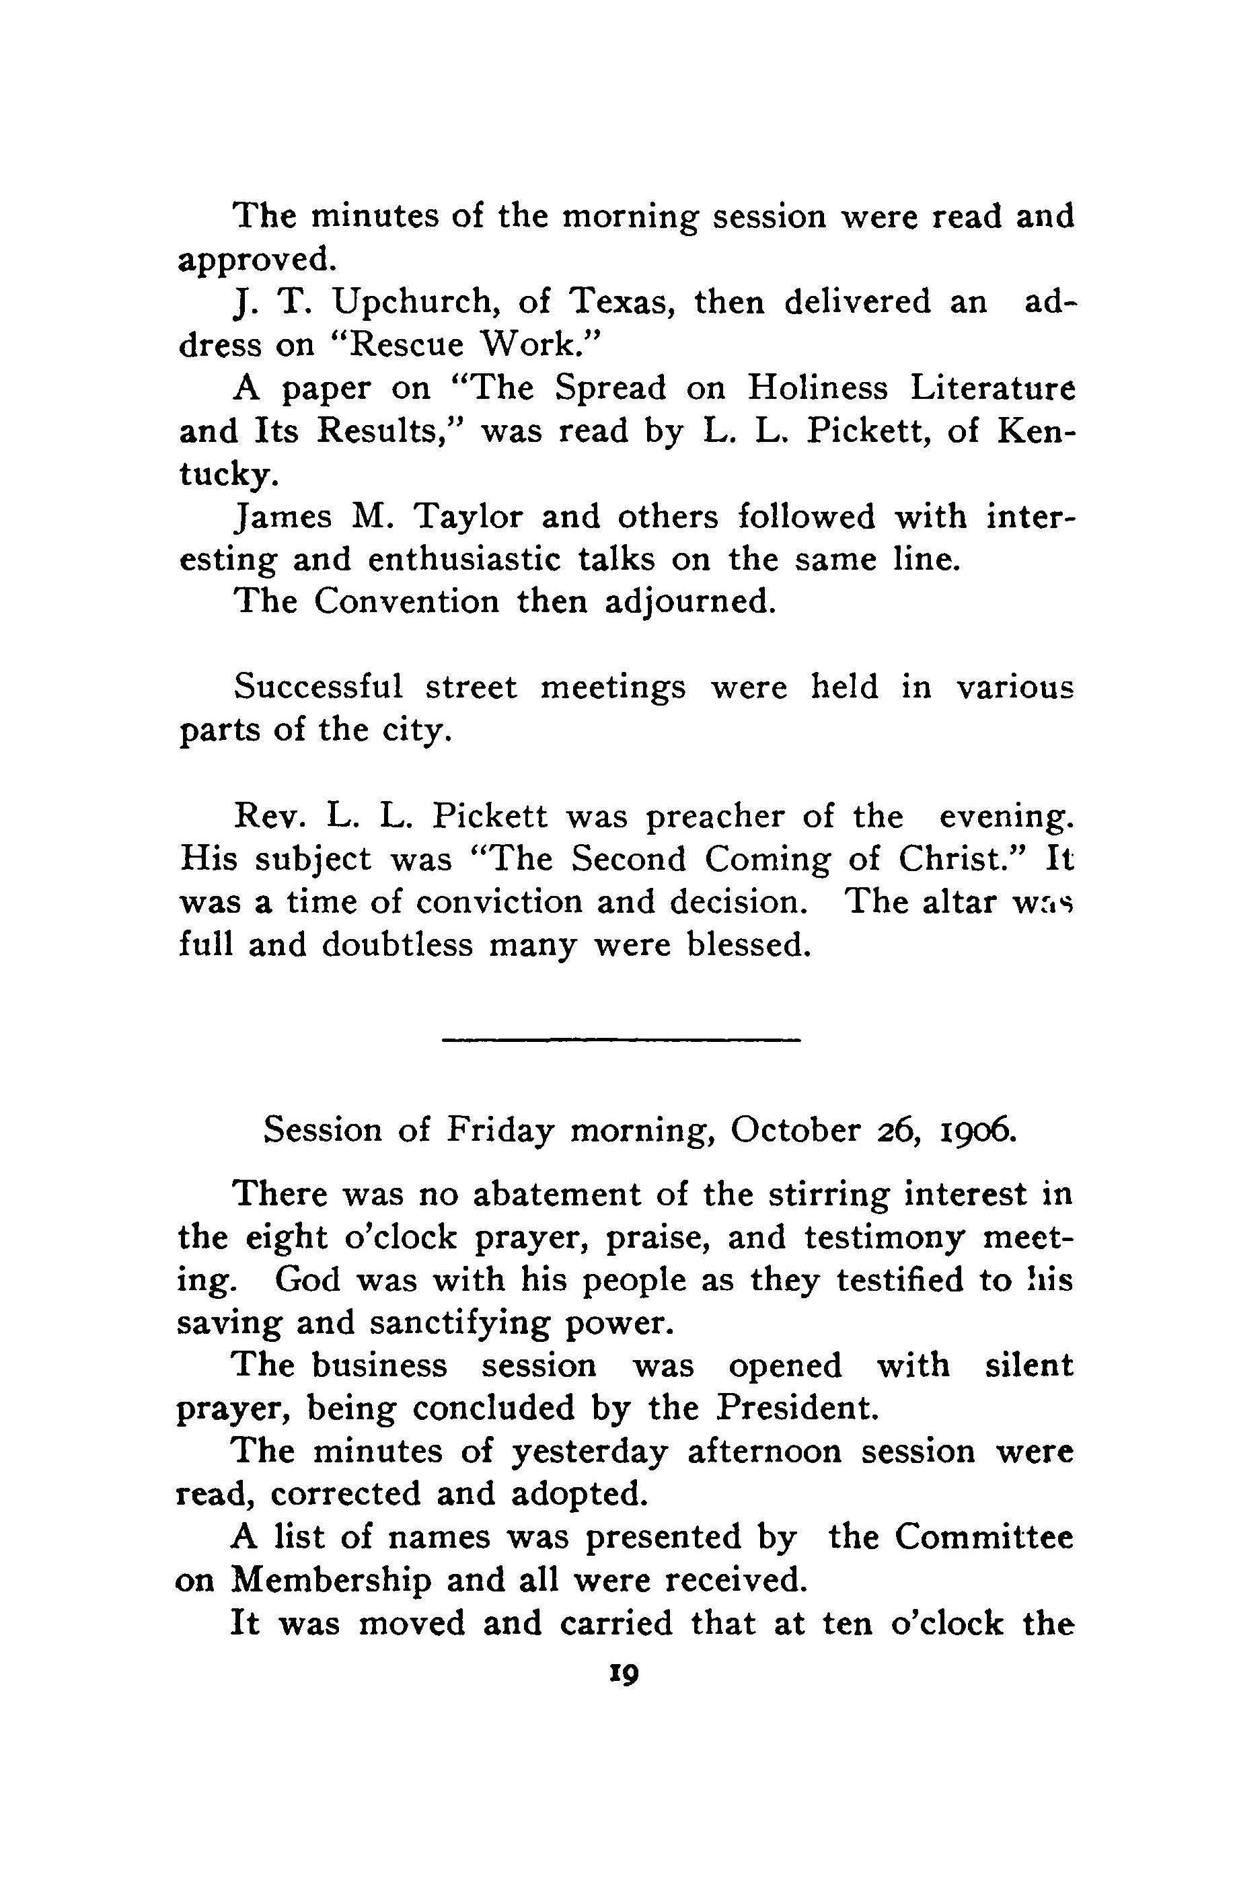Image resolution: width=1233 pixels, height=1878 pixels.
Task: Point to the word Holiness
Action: [817, 388]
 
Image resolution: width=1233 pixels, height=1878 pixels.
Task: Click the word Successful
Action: [318, 688]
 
